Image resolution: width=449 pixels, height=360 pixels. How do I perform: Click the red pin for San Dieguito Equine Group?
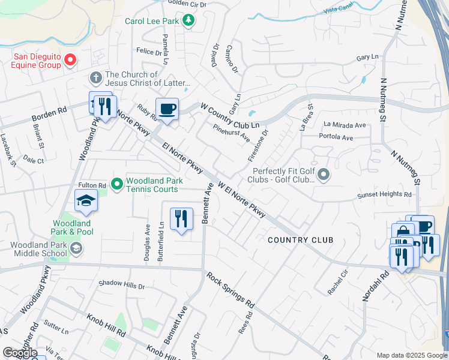click(x=70, y=59)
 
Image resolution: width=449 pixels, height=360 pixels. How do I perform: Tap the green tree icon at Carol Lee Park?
click(x=189, y=21)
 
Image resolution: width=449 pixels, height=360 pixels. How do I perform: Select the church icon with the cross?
click(x=95, y=77)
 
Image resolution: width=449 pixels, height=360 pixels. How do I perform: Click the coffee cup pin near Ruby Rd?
click(x=167, y=109)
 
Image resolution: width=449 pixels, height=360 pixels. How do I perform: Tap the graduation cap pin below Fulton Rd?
click(x=86, y=200)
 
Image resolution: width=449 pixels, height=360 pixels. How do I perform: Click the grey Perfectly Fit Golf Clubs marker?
click(x=324, y=175)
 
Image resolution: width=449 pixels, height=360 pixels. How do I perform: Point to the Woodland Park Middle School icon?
click(x=76, y=248)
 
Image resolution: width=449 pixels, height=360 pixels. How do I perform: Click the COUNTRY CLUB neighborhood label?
click(x=300, y=240)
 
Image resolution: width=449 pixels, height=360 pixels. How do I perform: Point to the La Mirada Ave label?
click(x=345, y=125)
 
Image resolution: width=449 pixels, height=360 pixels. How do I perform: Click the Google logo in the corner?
click(x=20, y=353)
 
